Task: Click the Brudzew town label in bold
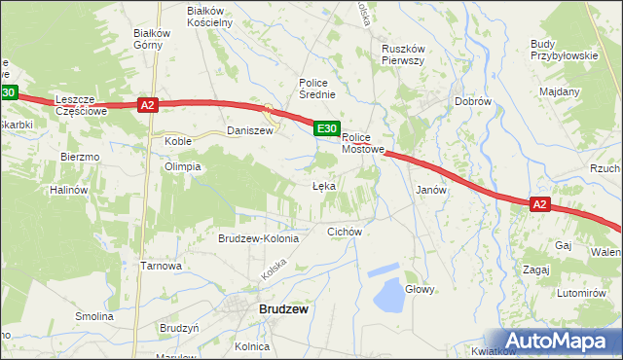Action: (283, 308)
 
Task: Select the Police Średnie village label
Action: (317, 89)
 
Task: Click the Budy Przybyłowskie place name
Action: (563, 50)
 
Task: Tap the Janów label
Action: (431, 190)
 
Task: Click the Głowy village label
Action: (420, 289)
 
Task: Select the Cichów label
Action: (345, 232)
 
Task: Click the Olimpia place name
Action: (182, 166)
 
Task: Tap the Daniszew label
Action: (246, 129)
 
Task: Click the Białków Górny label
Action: (152, 38)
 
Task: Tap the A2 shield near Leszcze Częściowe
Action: (147, 105)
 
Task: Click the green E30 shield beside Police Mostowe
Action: (326, 128)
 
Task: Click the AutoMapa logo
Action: (559, 340)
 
